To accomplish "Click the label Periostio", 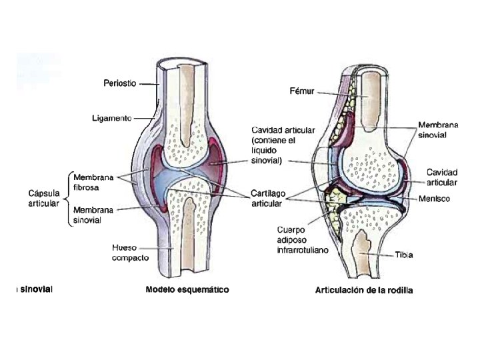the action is click(x=120, y=83).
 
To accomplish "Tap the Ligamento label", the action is click(x=113, y=118).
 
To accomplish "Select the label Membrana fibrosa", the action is click(x=93, y=182).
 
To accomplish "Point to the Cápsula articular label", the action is click(x=44, y=198).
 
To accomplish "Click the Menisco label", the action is click(x=435, y=199).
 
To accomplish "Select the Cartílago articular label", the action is click(x=268, y=198).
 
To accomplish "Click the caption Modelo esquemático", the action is click(x=187, y=290).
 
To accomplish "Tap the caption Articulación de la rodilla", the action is click(x=364, y=291).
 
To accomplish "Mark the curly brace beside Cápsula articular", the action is click(x=67, y=198).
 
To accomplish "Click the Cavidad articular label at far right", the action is click(x=442, y=177).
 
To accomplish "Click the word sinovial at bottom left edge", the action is click(x=33, y=289).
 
